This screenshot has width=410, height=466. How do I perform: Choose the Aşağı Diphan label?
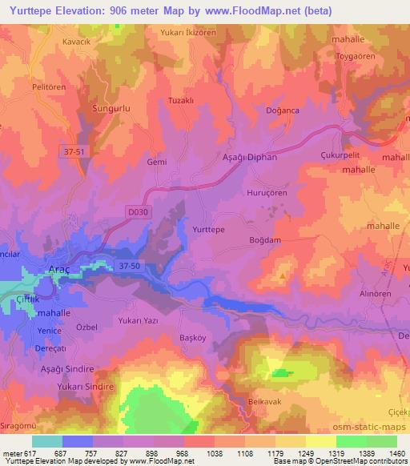click(249, 158)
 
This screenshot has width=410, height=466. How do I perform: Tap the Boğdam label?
click(266, 240)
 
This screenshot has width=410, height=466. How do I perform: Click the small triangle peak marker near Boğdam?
click(281, 276)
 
